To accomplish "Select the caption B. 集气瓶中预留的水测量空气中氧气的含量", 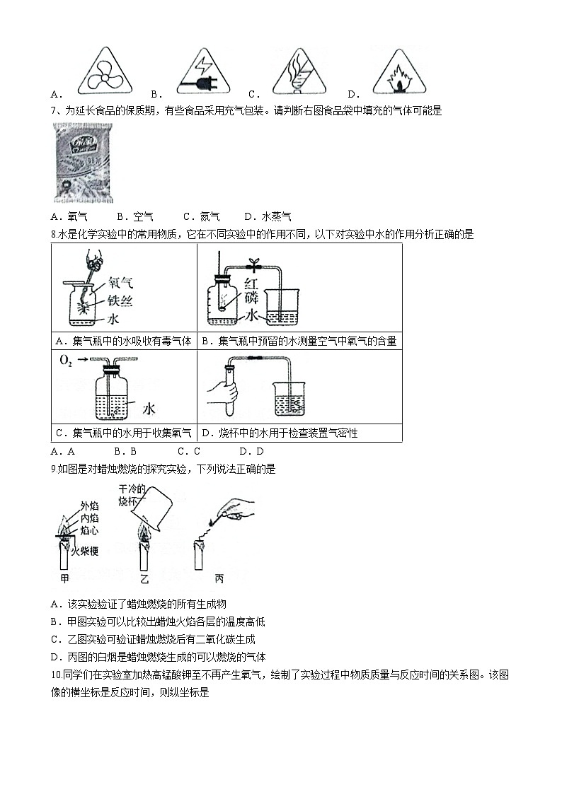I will click(x=299, y=341).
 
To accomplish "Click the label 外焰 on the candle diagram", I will click(x=88, y=506).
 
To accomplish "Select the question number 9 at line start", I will click(x=54, y=469).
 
